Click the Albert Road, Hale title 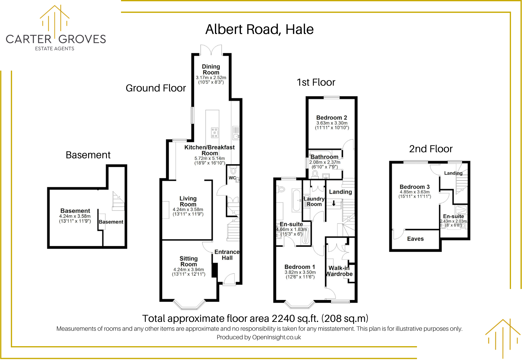[x=259, y=29]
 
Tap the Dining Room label [x=211, y=69]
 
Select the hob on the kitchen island [x=215, y=133]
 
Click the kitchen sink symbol [x=236, y=136]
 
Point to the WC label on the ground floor [x=232, y=178]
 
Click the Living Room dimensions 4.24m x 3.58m [x=188, y=210]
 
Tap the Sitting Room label [x=188, y=261]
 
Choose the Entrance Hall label [x=227, y=255]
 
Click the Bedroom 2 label [x=332, y=118]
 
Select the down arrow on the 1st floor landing [x=334, y=203]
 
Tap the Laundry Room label [x=314, y=201]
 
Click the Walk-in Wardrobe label [x=339, y=271]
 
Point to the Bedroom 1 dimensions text [x=300, y=275]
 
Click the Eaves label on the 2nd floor [x=415, y=239]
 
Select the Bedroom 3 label [x=415, y=187]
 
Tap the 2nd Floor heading [x=431, y=149]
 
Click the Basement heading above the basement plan [x=88, y=155]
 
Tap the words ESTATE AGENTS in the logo [x=55, y=49]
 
